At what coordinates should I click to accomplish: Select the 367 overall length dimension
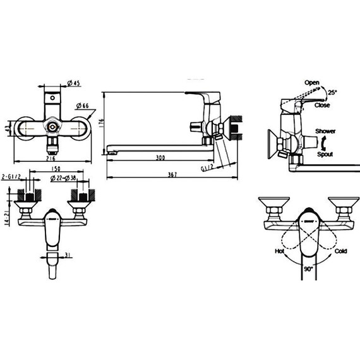point(172,174)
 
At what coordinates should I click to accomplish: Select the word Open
point(312,82)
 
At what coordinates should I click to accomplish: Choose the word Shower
point(325,131)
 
